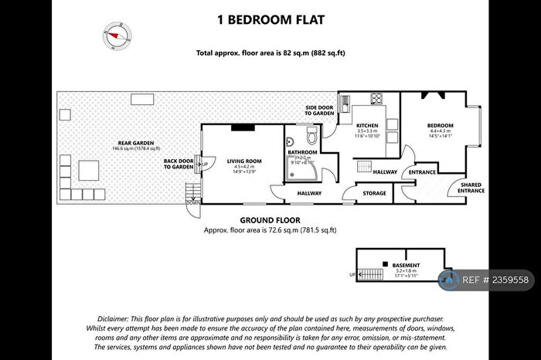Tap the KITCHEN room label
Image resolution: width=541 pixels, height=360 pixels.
367,125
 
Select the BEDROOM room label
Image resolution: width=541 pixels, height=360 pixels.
441,125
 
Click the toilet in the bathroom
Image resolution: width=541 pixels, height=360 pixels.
312,137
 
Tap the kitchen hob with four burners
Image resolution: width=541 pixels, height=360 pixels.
378,99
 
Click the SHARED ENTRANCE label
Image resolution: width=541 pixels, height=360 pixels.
471,187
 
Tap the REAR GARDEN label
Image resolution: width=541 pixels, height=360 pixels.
134,143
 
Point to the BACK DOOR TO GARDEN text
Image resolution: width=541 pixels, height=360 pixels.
178,164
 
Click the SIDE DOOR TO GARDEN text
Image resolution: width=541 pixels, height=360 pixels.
318,111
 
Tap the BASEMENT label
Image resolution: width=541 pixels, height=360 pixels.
406,265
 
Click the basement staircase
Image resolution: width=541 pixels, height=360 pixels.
373,273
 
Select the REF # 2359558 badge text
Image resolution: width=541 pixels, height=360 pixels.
495,280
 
